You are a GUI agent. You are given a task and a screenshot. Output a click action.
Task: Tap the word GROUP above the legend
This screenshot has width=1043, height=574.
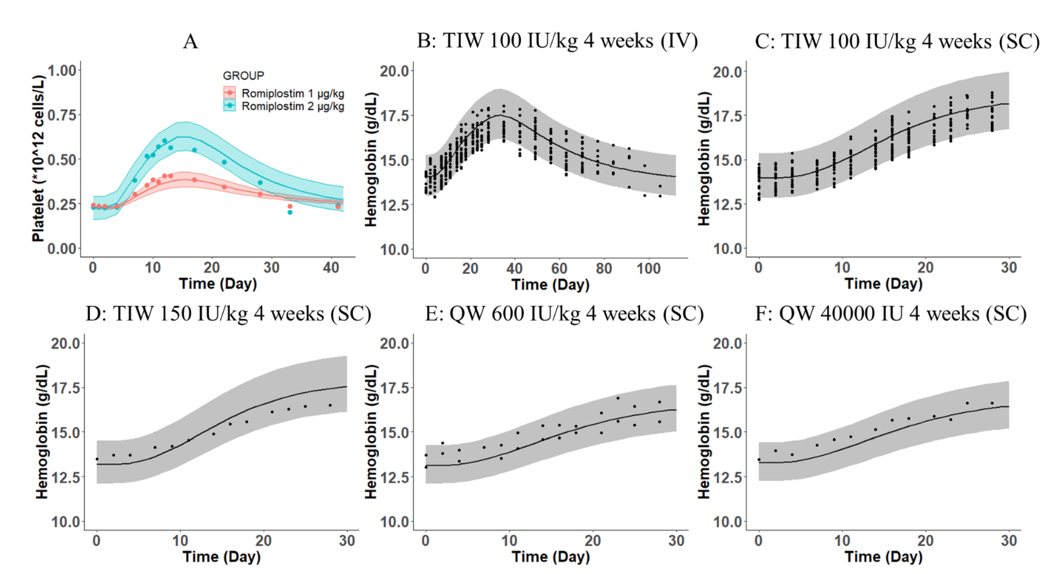click(243, 76)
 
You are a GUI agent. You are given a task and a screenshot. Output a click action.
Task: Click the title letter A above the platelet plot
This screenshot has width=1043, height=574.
click(190, 41)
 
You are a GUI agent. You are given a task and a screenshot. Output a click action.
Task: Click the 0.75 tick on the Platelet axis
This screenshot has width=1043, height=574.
click(62, 115)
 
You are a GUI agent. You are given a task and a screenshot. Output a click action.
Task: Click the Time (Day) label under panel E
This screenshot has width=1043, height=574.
click(551, 557)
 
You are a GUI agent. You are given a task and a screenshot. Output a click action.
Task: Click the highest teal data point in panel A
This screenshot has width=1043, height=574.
click(164, 141)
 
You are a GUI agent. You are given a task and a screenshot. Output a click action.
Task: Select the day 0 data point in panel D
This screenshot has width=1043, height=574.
click(97, 459)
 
